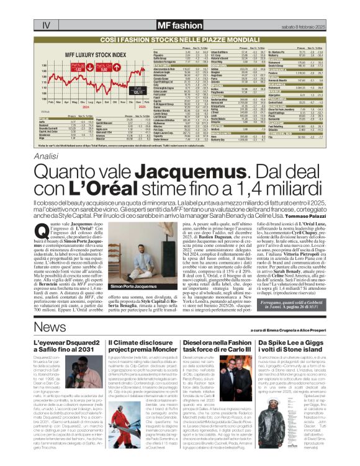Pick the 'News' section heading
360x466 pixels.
click(49, 326)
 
